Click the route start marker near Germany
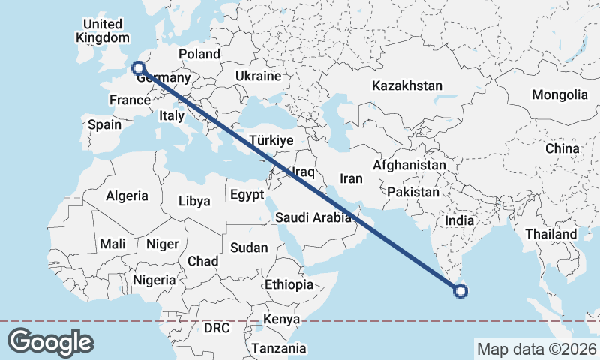(x=138, y=68)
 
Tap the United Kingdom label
(x=103, y=31)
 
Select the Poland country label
(x=199, y=54)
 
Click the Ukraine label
(x=257, y=76)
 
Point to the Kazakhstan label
(x=406, y=85)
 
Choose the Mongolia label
(x=559, y=94)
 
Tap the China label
(x=562, y=148)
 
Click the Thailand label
(x=550, y=234)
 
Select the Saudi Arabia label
(x=313, y=218)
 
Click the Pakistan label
(x=413, y=192)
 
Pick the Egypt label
(x=247, y=195)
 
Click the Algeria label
(x=127, y=196)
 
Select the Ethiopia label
(x=289, y=284)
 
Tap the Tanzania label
(x=279, y=348)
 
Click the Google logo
(x=50, y=342)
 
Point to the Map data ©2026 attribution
(x=536, y=349)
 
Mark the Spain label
(x=104, y=124)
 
